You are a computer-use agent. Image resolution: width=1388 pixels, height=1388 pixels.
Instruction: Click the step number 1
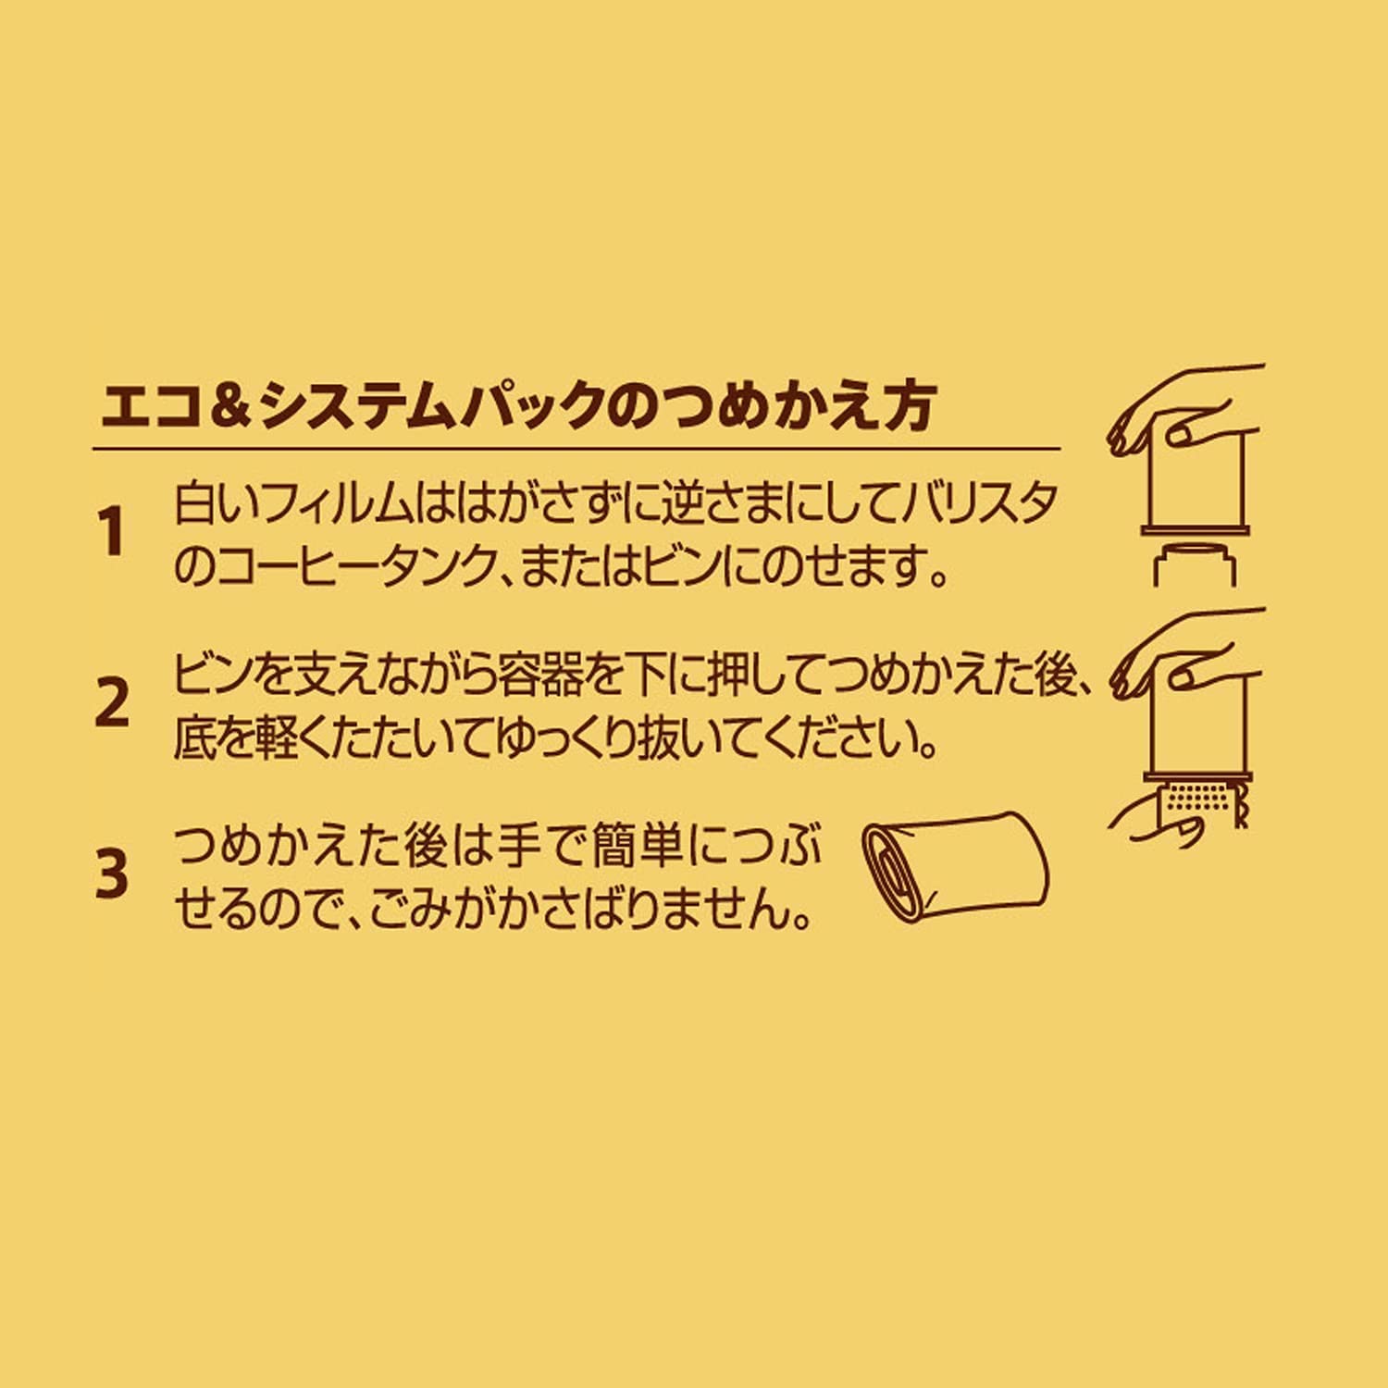(x=112, y=534)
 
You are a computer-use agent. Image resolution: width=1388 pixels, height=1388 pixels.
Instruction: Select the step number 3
(x=112, y=874)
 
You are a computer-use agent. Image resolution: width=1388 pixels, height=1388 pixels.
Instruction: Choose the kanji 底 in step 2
(x=195, y=738)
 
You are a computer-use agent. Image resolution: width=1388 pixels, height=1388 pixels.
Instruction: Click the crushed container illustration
(x=955, y=866)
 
